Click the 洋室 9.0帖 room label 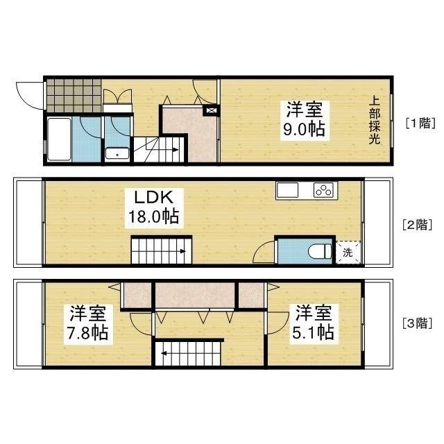click(305, 120)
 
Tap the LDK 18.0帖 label click(154, 208)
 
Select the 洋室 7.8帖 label click(88, 324)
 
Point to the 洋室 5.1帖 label click(314, 324)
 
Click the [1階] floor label click(420, 123)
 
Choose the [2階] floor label click(418, 225)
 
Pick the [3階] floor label click(418, 323)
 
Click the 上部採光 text click(375, 120)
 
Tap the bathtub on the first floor click(59, 139)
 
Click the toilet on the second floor click(320, 251)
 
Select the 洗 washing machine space click(348, 253)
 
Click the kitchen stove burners click(324, 190)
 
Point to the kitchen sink click(287, 190)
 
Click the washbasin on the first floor click(117, 153)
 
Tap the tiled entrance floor click(74, 96)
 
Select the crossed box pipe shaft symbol click(211, 110)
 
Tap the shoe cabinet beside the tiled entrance click(117, 108)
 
